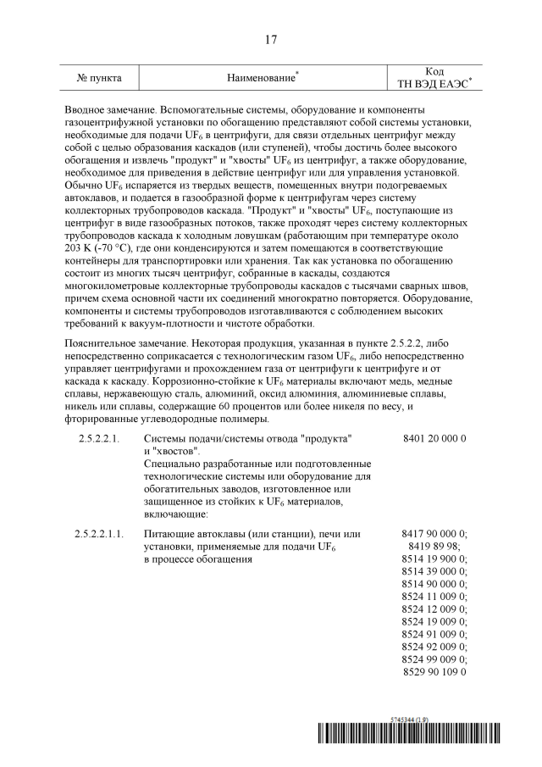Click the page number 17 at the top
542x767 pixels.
(x=270, y=40)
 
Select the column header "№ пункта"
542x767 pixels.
(x=99, y=78)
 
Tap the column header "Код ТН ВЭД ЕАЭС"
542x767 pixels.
(x=434, y=77)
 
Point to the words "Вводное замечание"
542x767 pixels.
(x=111, y=110)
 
